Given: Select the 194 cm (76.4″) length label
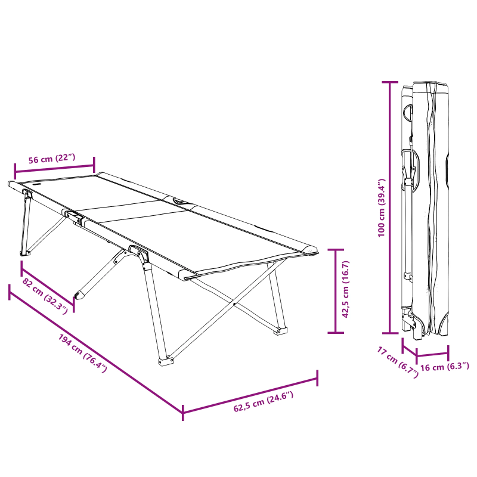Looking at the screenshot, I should (x=82, y=354).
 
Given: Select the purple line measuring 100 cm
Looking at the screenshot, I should (x=391, y=207).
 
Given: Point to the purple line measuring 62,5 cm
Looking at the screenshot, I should (x=250, y=394).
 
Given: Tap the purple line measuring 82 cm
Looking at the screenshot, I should (x=48, y=284).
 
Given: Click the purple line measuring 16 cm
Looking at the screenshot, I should (x=432, y=352).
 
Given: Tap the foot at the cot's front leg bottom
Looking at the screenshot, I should (x=165, y=360).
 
